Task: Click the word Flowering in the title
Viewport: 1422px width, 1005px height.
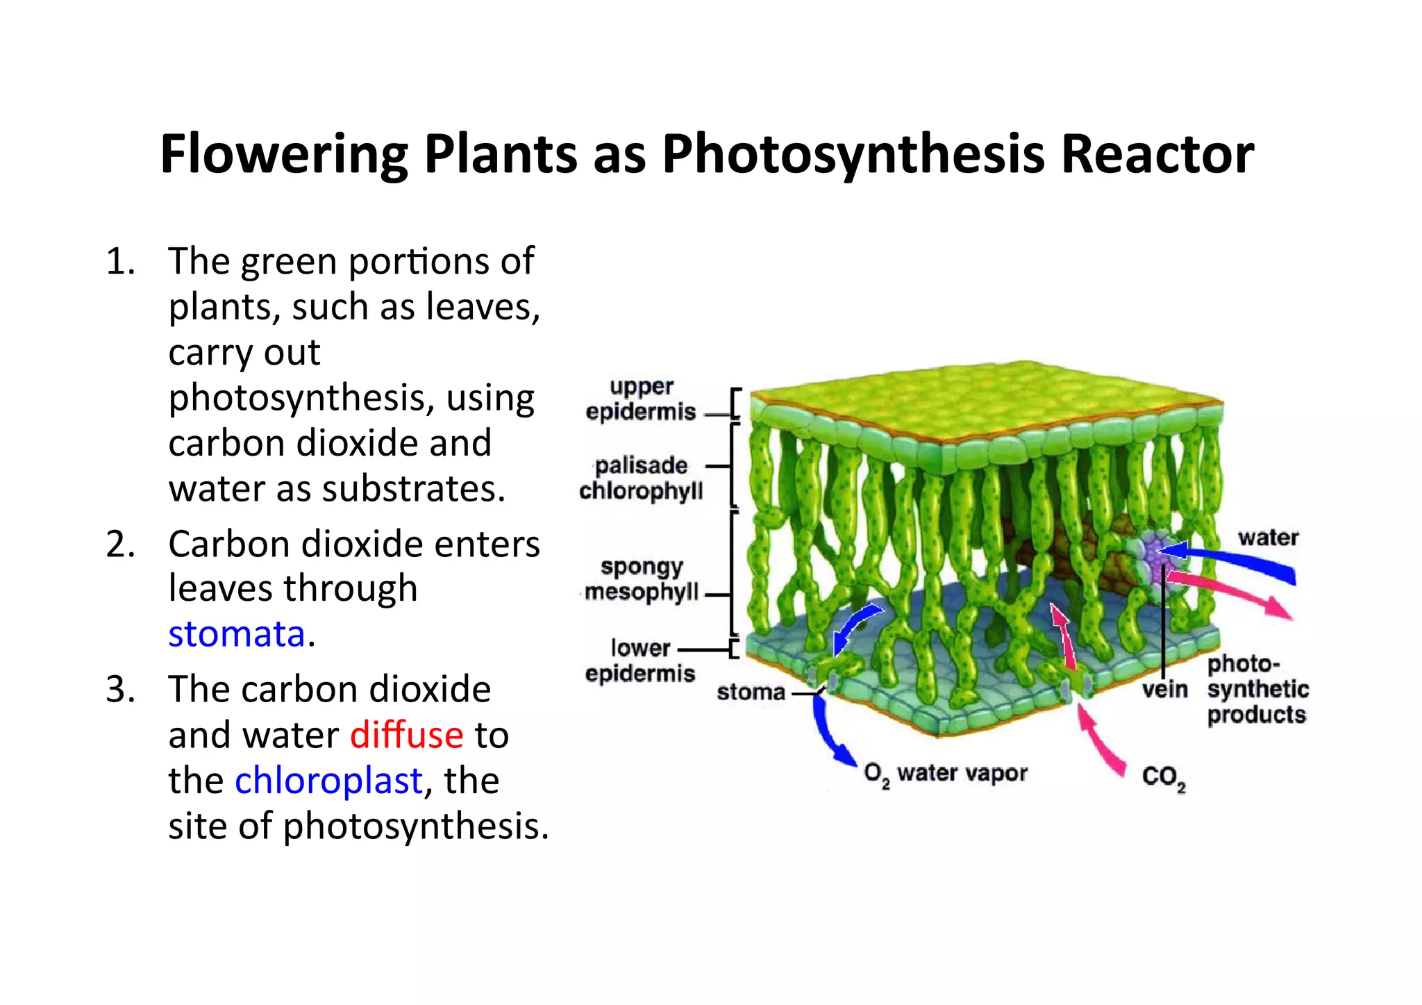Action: pos(284,154)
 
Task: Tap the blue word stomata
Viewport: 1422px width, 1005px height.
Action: pos(237,634)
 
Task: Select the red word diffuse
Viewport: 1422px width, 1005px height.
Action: pos(406,736)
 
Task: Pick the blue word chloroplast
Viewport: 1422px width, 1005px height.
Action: pos(328,781)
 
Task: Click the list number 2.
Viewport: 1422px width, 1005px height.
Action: pos(119,544)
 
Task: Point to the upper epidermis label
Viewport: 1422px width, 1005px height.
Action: pos(640,399)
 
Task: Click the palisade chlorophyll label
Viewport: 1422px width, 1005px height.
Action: pos(641,479)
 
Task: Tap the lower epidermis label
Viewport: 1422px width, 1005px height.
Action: pos(639,661)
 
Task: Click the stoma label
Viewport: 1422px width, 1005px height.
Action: pos(751,692)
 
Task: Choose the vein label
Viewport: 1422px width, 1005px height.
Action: pos(1164,690)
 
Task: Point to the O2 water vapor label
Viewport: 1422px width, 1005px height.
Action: pos(945,774)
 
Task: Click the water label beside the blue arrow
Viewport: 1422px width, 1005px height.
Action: pos(1268,538)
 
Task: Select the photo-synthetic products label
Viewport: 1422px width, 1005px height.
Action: pos(1257,690)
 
